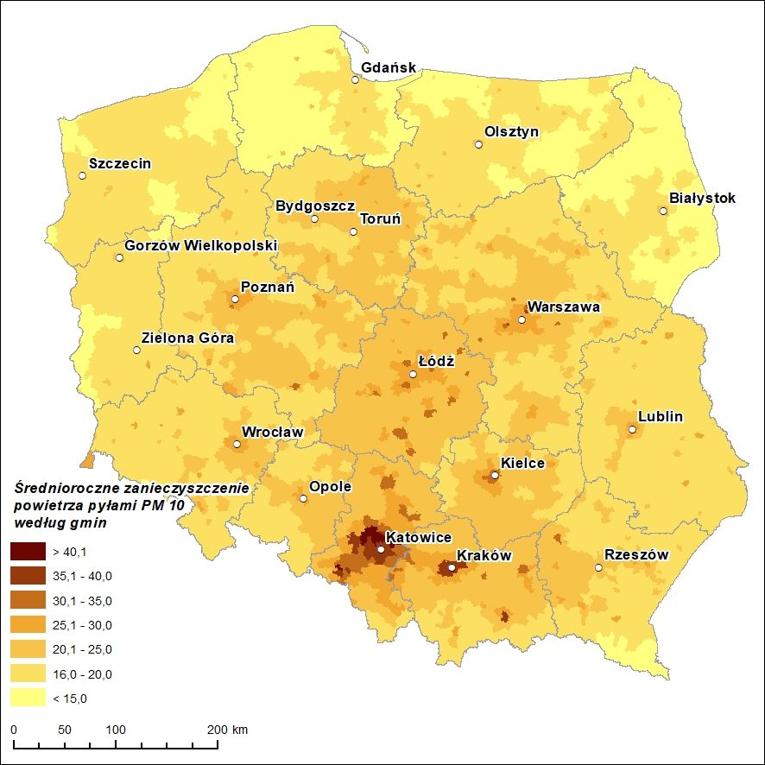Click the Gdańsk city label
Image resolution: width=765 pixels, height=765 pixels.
[x=389, y=67]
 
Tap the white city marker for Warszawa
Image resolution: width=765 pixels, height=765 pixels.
[x=522, y=320]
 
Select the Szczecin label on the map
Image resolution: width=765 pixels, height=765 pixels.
[x=120, y=163]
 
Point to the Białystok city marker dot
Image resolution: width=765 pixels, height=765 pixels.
[x=663, y=211]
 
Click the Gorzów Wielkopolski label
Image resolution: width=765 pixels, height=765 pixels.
[x=200, y=245]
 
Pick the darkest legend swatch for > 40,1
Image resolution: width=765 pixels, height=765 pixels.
[x=28, y=551]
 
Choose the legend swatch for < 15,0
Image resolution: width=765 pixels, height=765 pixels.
[x=28, y=698]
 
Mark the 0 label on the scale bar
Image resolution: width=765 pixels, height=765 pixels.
[x=14, y=730]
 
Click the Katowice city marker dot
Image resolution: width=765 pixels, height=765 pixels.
[x=381, y=549]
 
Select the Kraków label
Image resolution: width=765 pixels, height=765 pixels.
[x=484, y=555]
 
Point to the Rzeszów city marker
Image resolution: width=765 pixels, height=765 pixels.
[x=598, y=567]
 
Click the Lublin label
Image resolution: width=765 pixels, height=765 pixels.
[x=661, y=416]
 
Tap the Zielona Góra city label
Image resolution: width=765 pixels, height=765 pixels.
[x=187, y=338]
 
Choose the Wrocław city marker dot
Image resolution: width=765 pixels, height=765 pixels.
[x=237, y=445]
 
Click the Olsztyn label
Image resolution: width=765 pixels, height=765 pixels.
[x=511, y=132]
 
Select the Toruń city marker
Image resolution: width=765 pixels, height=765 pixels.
[x=353, y=231]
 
